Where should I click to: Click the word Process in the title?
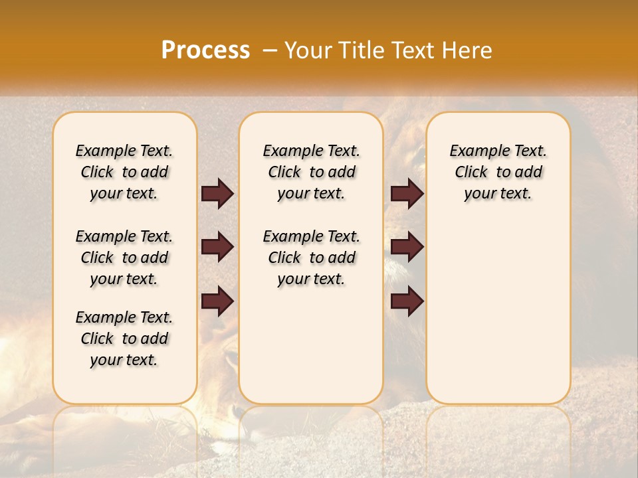[205, 50]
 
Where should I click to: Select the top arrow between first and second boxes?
[217, 193]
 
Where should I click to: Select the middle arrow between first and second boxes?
[217, 247]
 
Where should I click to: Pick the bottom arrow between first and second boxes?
[217, 301]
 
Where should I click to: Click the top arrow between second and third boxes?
[407, 193]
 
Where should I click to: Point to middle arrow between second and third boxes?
[407, 247]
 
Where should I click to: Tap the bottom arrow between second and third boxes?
[407, 301]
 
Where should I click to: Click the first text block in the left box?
[124, 172]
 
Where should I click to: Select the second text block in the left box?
[124, 258]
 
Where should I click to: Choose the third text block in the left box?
[124, 339]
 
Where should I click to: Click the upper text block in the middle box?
[311, 172]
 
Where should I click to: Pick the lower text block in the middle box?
[311, 258]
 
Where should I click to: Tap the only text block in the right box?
[498, 172]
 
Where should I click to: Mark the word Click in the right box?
[471, 173]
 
